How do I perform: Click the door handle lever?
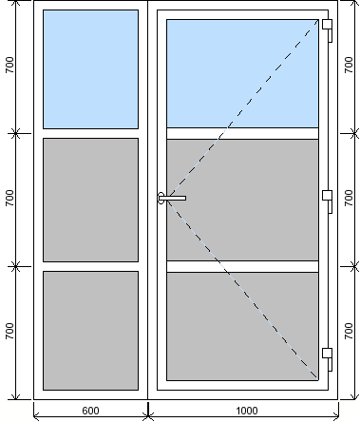click(172, 198)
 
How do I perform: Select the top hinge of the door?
click(328, 30)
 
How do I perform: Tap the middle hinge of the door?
click(328, 201)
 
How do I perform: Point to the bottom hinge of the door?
click(328, 359)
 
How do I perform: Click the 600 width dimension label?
click(90, 411)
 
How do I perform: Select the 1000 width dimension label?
click(247, 411)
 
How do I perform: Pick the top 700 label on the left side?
click(9, 65)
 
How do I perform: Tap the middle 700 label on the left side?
click(9, 198)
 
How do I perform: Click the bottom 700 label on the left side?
click(9, 331)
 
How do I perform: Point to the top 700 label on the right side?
click(349, 65)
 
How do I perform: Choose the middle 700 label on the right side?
click(349, 198)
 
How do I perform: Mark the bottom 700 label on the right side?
click(349, 331)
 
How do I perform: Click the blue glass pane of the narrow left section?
click(90, 69)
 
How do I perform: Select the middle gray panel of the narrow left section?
click(90, 200)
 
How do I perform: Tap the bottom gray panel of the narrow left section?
click(90, 331)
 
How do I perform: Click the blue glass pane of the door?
click(242, 73)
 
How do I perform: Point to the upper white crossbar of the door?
click(242, 133)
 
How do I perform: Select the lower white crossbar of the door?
click(242, 266)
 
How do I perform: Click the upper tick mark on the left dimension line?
click(16, 133)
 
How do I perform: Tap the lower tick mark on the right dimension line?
click(354, 266)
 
